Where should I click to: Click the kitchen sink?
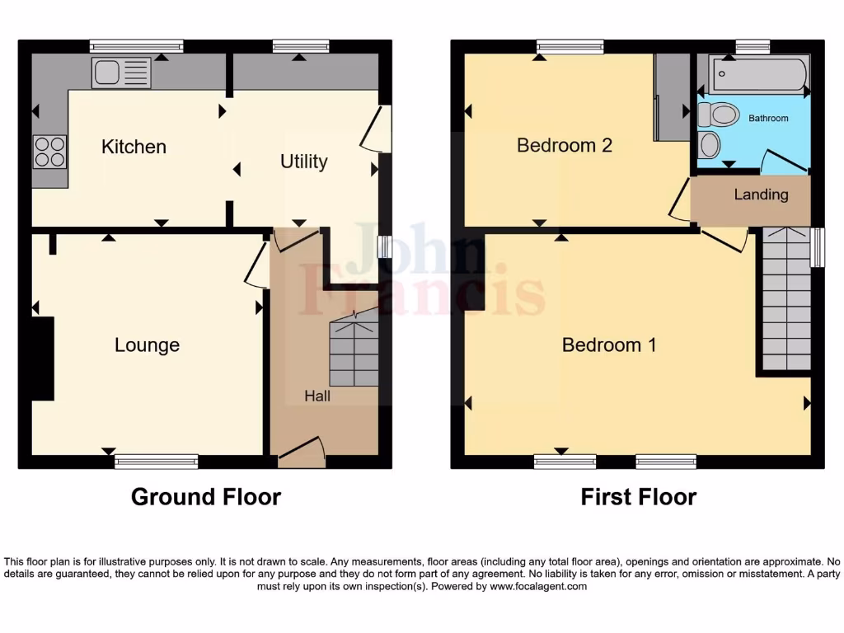coord(121,73)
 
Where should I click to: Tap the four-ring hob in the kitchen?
coord(49,152)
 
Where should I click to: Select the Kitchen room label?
coord(134,147)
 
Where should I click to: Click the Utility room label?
coord(303,162)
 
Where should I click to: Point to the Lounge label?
coord(147,345)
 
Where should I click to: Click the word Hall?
coord(317,396)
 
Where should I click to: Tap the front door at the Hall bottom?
coord(302,452)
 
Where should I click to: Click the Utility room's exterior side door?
coord(375,129)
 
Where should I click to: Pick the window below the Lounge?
coord(157,462)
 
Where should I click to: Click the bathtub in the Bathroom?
coord(758,74)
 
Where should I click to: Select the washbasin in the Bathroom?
coord(708,145)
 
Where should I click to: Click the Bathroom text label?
coord(768,119)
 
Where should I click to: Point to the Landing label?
coord(761,195)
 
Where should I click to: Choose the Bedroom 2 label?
coord(564,146)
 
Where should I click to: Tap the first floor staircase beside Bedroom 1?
coord(785,301)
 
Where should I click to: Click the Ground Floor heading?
coord(206,497)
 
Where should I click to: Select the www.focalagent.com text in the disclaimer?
coord(539,587)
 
